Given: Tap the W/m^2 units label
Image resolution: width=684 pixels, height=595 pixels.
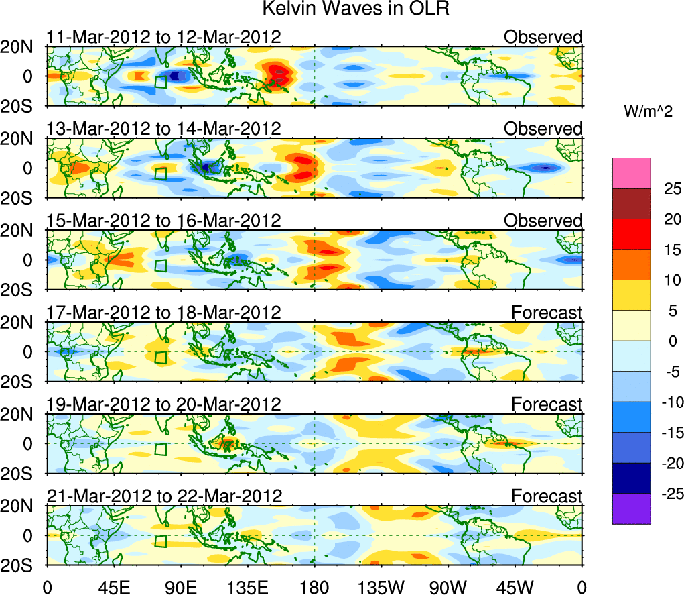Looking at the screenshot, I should point(647,112).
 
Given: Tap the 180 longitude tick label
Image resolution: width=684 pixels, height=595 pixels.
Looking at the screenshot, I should point(314,586).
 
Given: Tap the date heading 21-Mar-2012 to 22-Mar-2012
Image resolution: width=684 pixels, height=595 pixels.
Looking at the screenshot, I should point(163,496).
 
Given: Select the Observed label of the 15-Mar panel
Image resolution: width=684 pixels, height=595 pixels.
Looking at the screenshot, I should point(543,221).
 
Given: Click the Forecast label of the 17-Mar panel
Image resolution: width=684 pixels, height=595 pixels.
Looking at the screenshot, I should point(547,313).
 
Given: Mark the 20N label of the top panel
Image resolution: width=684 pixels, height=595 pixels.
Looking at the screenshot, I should point(21,46).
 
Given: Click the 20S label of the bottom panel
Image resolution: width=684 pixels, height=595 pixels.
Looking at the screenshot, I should point(21,565).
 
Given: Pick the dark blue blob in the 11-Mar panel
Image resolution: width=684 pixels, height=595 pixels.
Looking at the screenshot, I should point(176,76).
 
